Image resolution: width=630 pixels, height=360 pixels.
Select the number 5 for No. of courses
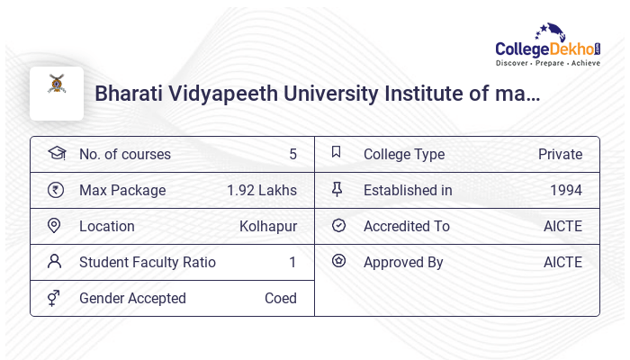pyautogui.click(x=292, y=154)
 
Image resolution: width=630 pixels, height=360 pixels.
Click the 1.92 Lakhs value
pyautogui.click(x=262, y=190)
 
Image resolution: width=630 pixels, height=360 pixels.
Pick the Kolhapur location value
pyautogui.click(x=268, y=226)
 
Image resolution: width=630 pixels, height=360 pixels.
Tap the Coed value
pyautogui.click(x=281, y=298)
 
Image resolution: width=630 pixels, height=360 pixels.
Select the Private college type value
pyautogui.click(x=560, y=154)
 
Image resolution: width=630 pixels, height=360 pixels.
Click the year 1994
pyautogui.click(x=566, y=190)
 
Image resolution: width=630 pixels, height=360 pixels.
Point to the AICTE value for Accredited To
pyautogui.click(x=562, y=226)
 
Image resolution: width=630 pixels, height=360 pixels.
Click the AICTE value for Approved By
pyautogui.click(x=562, y=262)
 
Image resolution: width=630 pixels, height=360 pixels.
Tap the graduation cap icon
pyautogui.click(x=56, y=153)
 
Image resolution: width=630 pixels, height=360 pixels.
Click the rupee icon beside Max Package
pyautogui.click(x=56, y=190)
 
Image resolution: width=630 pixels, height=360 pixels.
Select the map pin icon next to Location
pyautogui.click(x=56, y=225)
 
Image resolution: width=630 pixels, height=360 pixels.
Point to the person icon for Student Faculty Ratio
pyautogui.click(x=56, y=261)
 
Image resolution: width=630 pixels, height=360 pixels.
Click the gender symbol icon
pyautogui.click(x=56, y=297)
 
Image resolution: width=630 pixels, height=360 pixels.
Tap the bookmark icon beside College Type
pyautogui.click(x=337, y=153)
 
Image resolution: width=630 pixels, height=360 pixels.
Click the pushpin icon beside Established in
pyautogui.click(x=337, y=189)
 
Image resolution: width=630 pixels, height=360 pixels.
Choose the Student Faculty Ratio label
pyautogui.click(x=148, y=262)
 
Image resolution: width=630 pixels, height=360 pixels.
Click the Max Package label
pyautogui.click(x=122, y=190)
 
